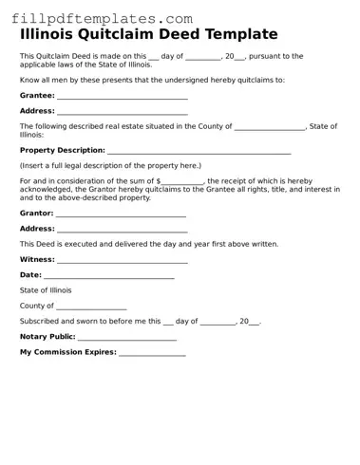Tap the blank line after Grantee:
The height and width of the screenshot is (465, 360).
coord(122,97)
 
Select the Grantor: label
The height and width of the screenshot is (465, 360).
coord(36,214)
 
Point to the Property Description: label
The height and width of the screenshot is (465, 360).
coord(62,151)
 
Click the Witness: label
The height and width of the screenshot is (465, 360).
coord(37,259)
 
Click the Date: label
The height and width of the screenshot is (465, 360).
coord(30,275)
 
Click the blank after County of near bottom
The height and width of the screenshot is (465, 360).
coord(91,307)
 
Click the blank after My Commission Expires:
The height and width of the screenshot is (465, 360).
coord(152,354)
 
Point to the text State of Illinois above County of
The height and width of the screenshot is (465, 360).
coord(46,290)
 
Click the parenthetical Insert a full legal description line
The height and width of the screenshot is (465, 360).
coord(110,165)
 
